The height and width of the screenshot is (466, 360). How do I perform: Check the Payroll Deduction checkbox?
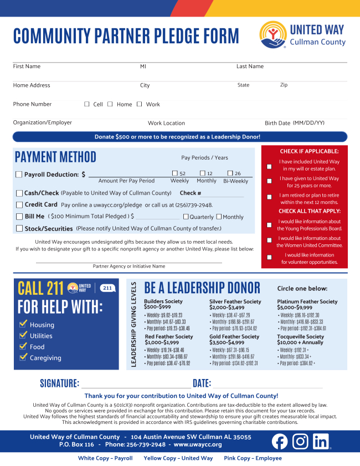pos(19,175)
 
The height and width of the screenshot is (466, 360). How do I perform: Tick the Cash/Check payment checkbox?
pos(19,193)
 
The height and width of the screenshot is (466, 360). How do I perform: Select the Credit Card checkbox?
pos(19,205)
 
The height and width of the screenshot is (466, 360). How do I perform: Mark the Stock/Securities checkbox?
pos(19,228)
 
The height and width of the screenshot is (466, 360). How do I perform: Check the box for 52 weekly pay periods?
pos(175,173)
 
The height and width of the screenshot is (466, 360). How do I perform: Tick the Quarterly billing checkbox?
pos(186,217)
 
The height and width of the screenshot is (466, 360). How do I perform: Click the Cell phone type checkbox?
pos(87,104)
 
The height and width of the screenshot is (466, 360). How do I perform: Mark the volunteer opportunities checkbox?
pos(269,258)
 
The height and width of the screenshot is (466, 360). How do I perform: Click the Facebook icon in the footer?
pos(280,441)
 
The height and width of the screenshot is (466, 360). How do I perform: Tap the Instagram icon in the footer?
pos(300,441)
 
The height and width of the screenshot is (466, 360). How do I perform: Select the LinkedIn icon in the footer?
pos(321,441)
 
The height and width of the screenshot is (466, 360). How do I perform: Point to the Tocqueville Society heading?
pos(300,336)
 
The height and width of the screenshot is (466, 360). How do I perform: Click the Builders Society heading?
pos(163,301)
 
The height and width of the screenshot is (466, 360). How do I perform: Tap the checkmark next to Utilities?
pos(23,335)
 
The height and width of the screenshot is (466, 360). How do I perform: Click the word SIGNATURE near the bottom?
pos(59,383)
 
